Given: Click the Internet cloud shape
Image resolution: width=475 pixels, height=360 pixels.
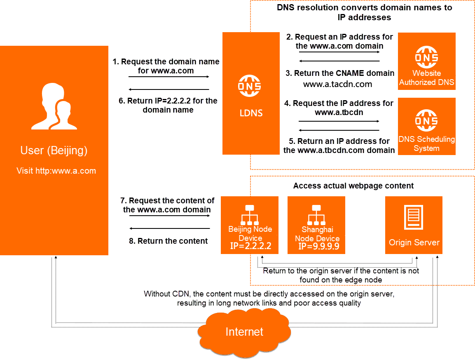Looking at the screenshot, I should pos(244,331).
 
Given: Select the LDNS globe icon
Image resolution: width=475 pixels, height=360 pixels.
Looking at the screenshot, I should pos(250,86).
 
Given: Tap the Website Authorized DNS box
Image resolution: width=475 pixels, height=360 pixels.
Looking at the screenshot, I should pos(426,61).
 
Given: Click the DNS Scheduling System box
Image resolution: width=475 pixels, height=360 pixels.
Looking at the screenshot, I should pos(426,126).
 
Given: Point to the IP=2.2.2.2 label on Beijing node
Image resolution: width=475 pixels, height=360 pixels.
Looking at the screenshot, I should pos(250,247).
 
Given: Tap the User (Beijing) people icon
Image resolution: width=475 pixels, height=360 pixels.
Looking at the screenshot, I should pos(54,107).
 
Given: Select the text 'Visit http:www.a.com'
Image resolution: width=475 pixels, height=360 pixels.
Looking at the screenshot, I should pos(56,171).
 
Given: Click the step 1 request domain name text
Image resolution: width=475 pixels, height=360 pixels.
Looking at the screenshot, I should pos(166,66).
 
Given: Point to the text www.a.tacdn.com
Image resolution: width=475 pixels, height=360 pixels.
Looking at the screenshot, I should pos(338,84).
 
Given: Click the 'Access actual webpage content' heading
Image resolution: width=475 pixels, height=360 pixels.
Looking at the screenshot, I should pos(353,186).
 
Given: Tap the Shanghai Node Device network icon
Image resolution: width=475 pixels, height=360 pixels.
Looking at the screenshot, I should pos(316,214).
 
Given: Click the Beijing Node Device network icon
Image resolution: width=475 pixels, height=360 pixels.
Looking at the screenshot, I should pos(250,214).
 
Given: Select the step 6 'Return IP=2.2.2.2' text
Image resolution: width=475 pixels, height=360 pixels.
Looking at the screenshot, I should pos(168,105).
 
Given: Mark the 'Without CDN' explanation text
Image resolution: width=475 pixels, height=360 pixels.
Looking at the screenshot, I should pos(269,299).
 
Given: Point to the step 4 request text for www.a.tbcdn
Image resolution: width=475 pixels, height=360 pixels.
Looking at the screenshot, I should pos(339,108).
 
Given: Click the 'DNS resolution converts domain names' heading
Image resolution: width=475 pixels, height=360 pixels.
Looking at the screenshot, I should pos(364,12).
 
